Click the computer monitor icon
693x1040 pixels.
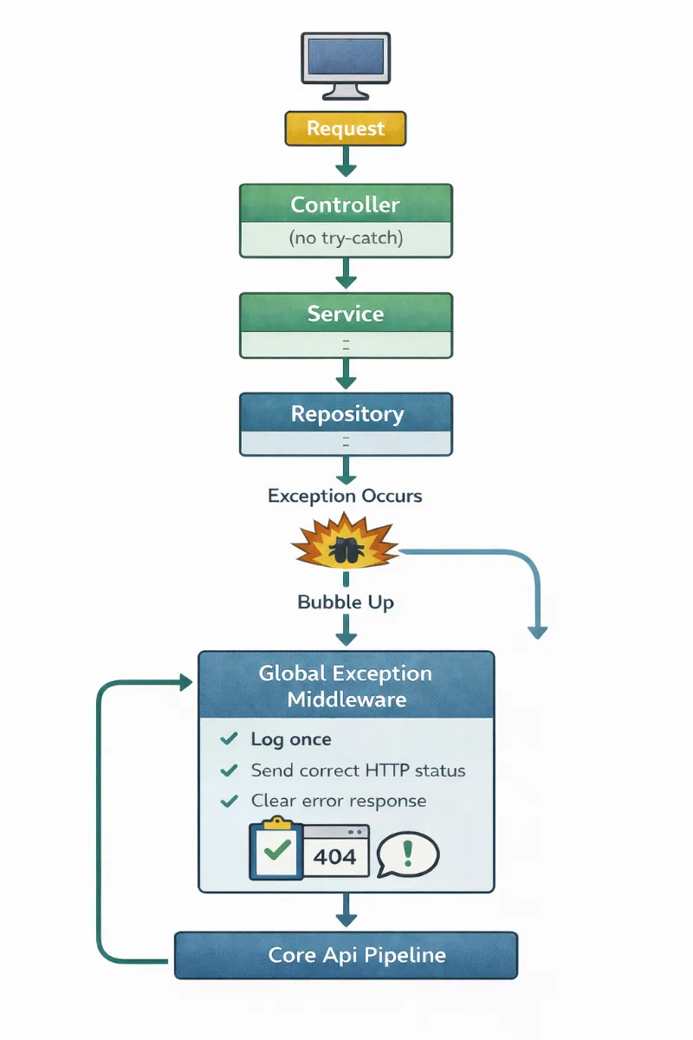(345, 65)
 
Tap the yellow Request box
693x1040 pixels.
(346, 129)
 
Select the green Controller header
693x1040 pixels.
(346, 205)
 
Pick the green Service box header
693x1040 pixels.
(346, 313)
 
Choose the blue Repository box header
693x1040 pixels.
(346, 413)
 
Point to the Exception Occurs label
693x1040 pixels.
(345, 496)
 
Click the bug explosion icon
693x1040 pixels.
(345, 547)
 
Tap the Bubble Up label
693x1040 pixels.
(346, 601)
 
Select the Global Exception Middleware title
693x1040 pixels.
(346, 686)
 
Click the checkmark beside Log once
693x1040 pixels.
(229, 738)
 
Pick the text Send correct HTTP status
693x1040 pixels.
(358, 770)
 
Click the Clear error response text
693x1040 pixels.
(339, 801)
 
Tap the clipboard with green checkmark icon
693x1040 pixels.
(275, 849)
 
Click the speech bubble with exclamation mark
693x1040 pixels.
(408, 855)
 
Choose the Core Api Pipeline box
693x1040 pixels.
(346, 956)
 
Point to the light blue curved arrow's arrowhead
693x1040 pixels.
(538, 631)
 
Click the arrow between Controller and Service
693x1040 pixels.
(346, 273)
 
